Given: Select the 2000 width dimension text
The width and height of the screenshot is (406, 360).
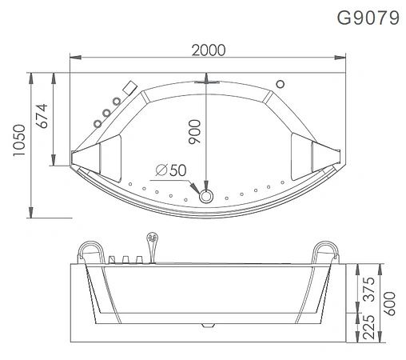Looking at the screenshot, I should pyautogui.click(x=208, y=50).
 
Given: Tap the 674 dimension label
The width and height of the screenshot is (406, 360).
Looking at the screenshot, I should pyautogui.click(x=41, y=118).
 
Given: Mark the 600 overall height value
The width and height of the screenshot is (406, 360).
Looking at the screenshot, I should pyautogui.click(x=391, y=302).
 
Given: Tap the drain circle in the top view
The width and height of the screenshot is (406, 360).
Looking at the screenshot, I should pyautogui.click(x=207, y=196).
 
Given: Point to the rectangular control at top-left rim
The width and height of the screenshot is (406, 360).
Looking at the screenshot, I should pyautogui.click(x=129, y=87).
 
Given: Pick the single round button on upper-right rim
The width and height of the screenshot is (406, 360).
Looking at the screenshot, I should pyautogui.click(x=281, y=83).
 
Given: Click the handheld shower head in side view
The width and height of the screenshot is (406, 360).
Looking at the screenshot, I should pyautogui.click(x=149, y=238).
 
